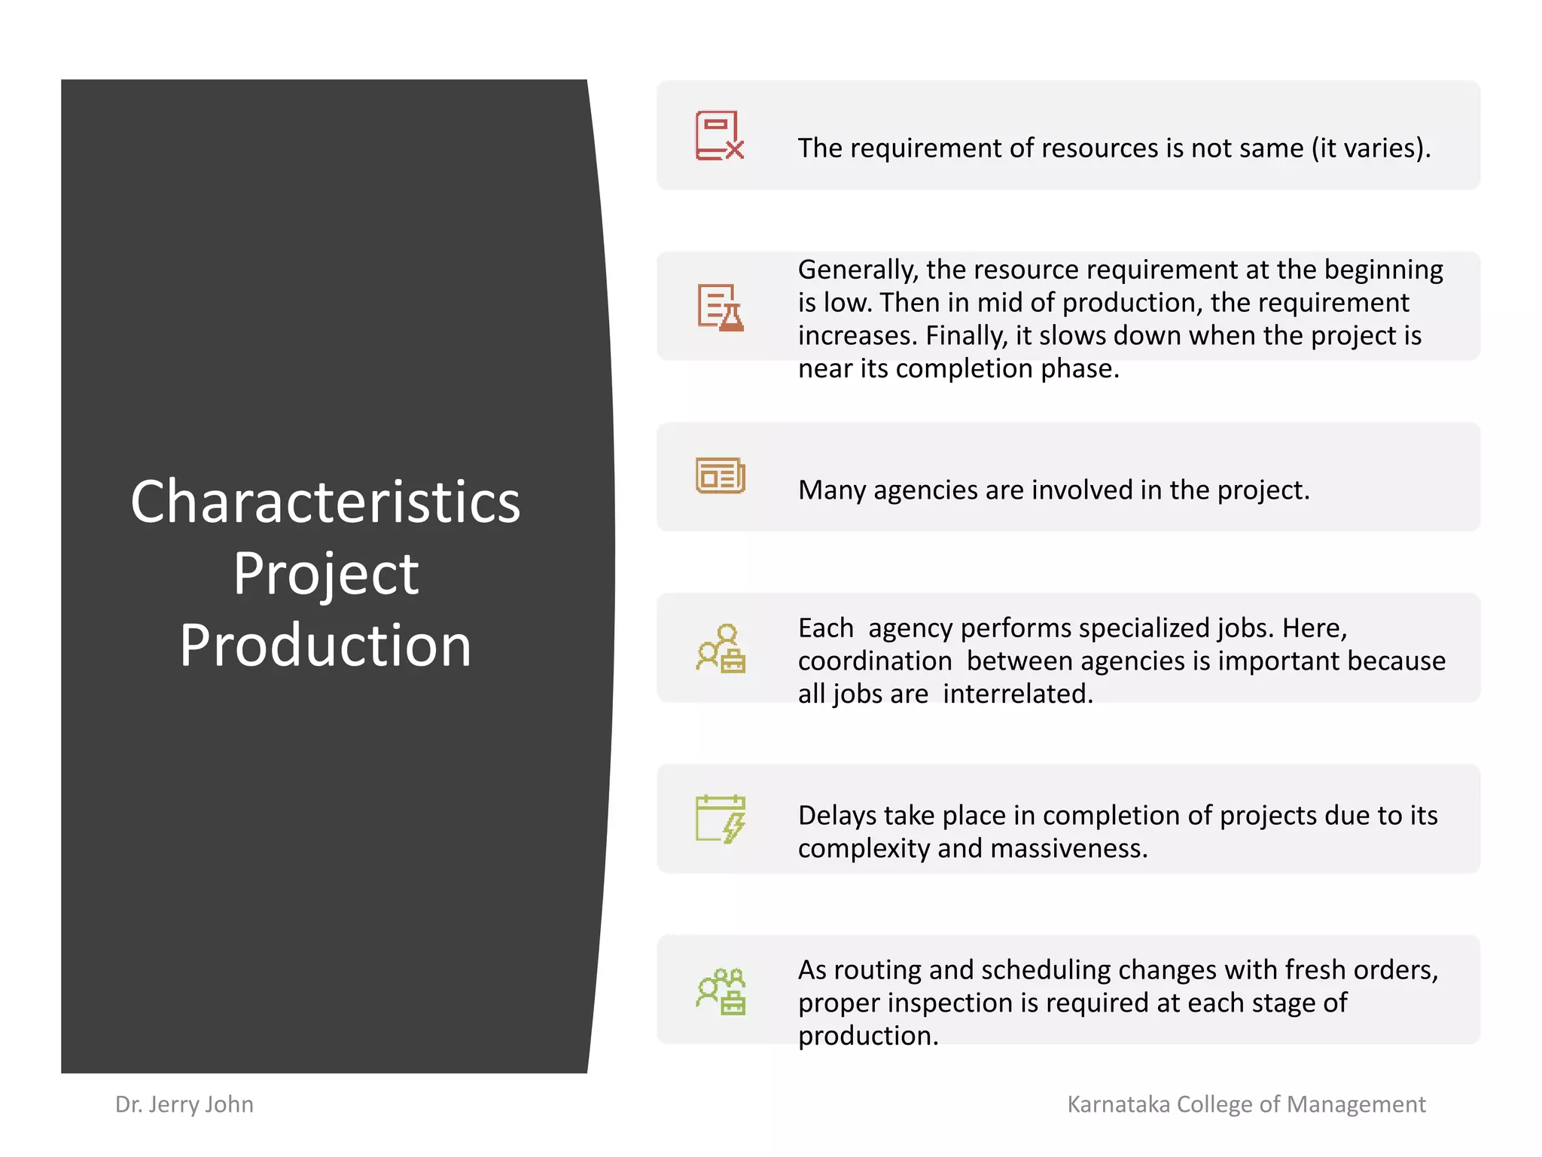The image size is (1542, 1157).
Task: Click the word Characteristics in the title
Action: (325, 502)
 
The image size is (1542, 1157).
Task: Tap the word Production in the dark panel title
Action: (325, 646)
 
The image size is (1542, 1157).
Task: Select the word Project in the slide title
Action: (325, 574)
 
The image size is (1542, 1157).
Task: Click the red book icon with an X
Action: (719, 136)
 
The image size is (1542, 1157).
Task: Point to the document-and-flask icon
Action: (720, 307)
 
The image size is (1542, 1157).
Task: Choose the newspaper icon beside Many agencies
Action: (720, 476)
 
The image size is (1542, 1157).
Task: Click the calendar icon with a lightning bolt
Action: (720, 819)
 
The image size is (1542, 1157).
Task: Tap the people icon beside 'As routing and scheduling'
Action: (720, 991)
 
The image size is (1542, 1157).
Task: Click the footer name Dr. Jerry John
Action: (184, 1104)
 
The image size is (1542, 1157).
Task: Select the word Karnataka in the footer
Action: (1119, 1104)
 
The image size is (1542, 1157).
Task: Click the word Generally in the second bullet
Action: (858, 270)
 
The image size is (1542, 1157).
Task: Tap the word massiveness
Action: (1068, 849)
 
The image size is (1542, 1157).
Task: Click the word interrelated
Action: (1017, 694)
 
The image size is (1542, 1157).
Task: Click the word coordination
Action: (875, 661)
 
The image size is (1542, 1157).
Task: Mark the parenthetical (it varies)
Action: (1370, 148)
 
